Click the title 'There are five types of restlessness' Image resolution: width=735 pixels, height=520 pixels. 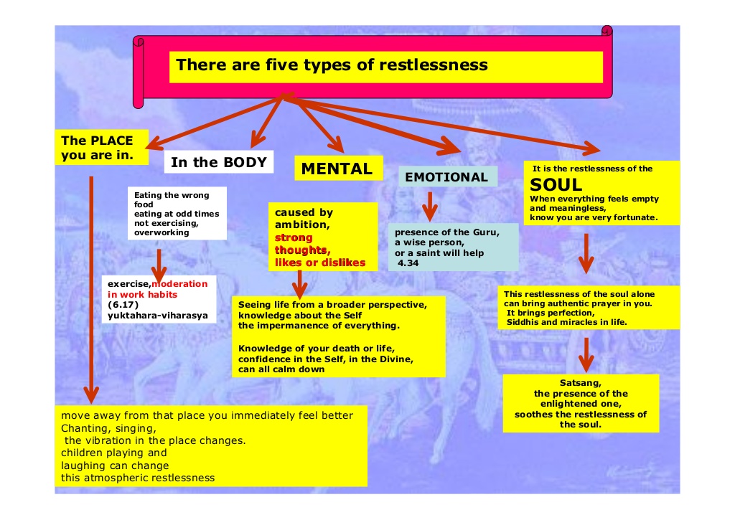pyautogui.click(x=332, y=65)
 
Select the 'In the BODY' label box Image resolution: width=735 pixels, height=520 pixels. pyautogui.click(x=218, y=162)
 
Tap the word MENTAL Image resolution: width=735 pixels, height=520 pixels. pyautogui.click(x=337, y=169)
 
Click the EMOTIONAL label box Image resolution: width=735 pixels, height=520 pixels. pyautogui.click(x=446, y=177)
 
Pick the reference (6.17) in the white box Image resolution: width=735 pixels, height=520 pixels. pyautogui.click(x=123, y=304)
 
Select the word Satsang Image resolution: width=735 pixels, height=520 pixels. pyautogui.click(x=581, y=382)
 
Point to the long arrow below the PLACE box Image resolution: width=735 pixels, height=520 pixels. pyautogui.click(x=90, y=287)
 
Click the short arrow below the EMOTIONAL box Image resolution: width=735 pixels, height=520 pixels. pyautogui.click(x=429, y=206)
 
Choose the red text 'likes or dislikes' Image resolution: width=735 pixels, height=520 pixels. pyautogui.click(x=320, y=263)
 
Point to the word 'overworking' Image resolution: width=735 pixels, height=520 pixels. pyautogui.click(x=161, y=232)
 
